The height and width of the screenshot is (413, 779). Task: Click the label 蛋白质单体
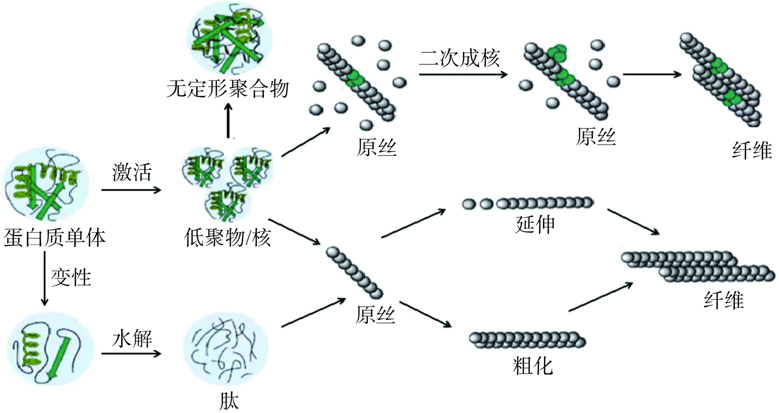pos(54,238)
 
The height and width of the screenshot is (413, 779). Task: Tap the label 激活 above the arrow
pos(131,172)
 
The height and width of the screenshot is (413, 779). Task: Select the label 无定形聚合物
pos(228,88)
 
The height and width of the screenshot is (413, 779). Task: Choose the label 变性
pos(71,277)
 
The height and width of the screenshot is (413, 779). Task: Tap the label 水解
pos(131,339)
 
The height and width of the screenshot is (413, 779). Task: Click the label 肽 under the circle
pos(229,400)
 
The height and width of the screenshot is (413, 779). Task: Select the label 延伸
pos(535,224)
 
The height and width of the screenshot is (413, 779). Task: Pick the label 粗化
pos(533,366)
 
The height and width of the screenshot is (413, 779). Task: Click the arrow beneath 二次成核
pos(462,75)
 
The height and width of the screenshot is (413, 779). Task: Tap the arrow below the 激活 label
pos(131,190)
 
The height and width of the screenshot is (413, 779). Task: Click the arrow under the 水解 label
pos(131,354)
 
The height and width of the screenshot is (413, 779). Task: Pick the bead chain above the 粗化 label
pos(527,340)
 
